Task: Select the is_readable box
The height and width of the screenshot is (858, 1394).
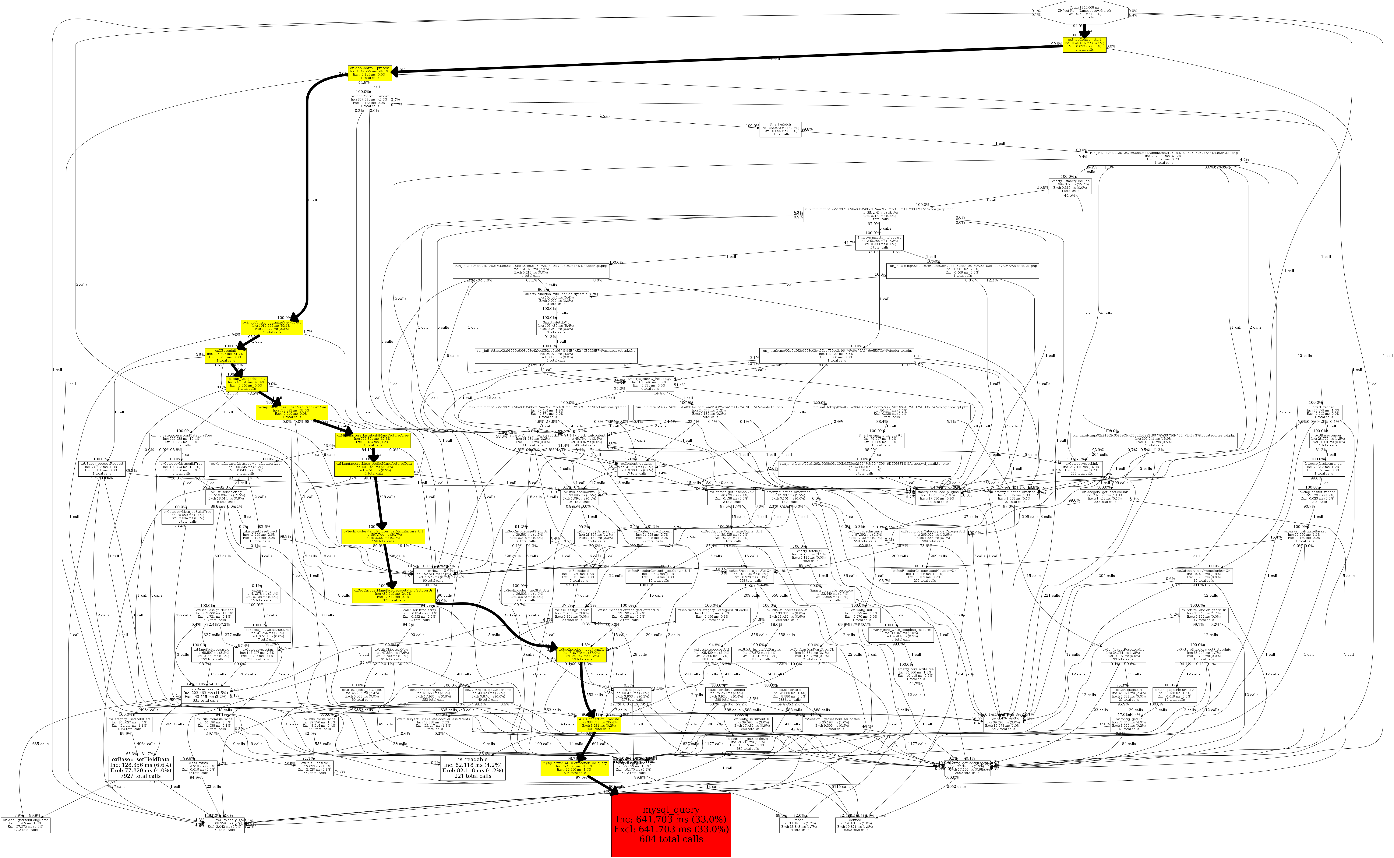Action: (x=473, y=768)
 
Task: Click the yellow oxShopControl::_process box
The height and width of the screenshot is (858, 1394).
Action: (x=369, y=73)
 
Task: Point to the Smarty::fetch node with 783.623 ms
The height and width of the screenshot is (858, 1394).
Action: (x=780, y=129)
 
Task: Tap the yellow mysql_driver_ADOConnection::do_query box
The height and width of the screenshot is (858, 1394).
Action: (x=575, y=768)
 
